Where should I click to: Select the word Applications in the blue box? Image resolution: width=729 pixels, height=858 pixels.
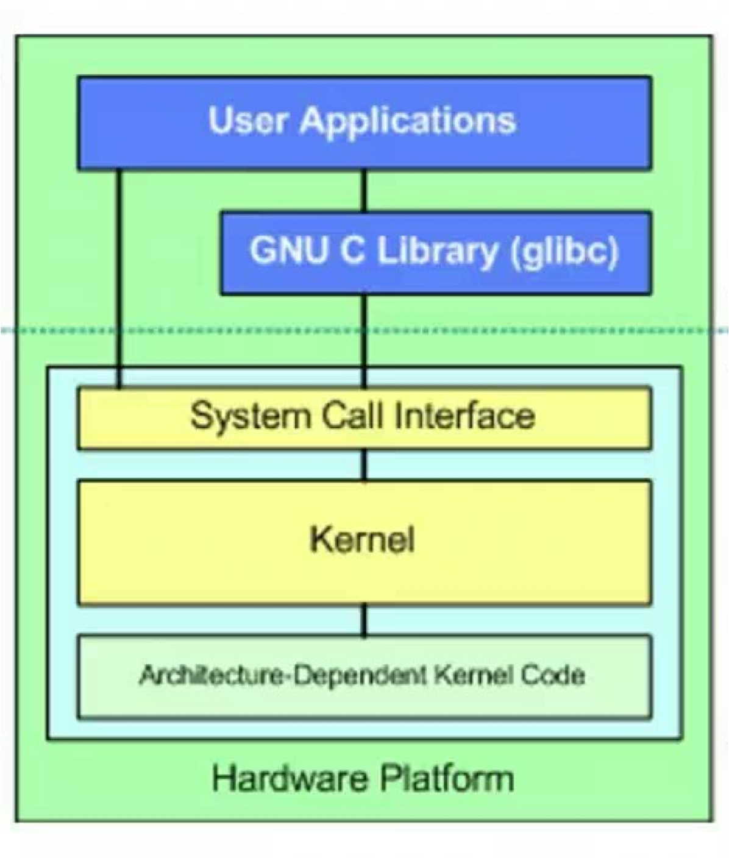tap(407, 121)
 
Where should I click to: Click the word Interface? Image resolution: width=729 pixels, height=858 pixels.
tap(464, 416)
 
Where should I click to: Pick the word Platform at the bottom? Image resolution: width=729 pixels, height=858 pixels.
tap(447, 778)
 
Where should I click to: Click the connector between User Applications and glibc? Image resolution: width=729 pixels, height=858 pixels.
tap(364, 191)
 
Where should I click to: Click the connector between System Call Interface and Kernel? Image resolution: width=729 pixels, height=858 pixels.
tap(364, 465)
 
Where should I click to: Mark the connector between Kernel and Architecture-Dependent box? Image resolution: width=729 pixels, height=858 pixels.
tap(364, 620)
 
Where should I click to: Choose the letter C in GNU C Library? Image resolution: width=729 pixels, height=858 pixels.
tap(352, 250)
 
